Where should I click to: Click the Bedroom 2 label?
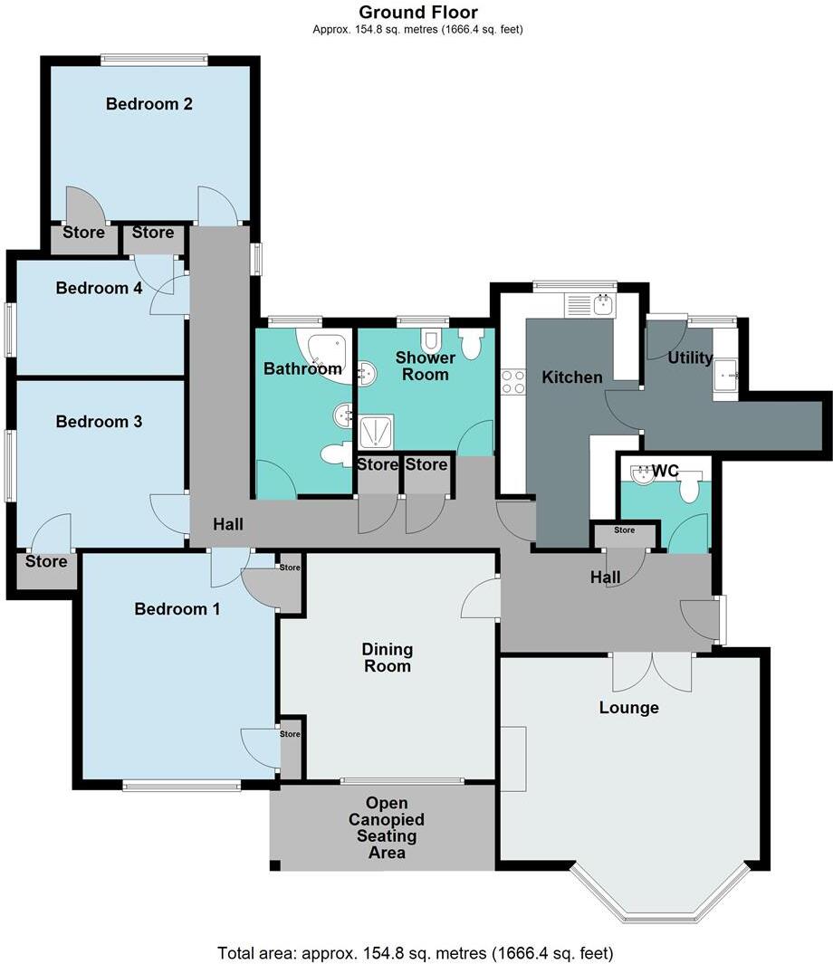click(148, 104)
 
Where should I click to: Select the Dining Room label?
click(387, 657)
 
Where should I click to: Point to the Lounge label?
click(628, 708)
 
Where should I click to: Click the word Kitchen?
click(571, 377)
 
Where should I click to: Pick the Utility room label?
click(690, 358)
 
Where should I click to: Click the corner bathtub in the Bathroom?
click(321, 351)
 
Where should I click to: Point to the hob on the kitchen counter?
click(513, 382)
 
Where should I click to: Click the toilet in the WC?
click(690, 490)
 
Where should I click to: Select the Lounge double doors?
click(653, 672)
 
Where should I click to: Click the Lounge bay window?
click(660, 896)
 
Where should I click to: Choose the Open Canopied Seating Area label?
click(387, 827)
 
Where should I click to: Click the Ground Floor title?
click(417, 12)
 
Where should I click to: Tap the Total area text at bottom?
click(416, 952)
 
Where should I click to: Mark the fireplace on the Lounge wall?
click(512, 758)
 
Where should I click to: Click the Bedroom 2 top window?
click(154, 61)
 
